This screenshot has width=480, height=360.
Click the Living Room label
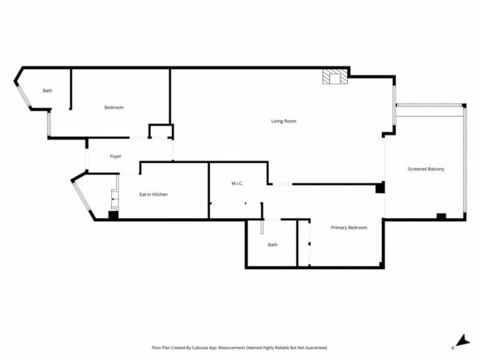[x=284, y=122]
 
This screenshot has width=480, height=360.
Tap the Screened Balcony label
[x=426, y=169]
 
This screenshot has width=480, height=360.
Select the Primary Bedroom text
[x=349, y=228]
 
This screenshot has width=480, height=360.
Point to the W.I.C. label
[x=238, y=184]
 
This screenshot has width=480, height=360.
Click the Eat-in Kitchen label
[x=153, y=195]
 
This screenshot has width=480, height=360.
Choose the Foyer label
[x=115, y=156]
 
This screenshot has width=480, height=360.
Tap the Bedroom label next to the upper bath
[x=114, y=108]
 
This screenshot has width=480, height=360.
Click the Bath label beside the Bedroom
[x=48, y=91]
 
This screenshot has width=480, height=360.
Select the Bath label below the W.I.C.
[x=272, y=245]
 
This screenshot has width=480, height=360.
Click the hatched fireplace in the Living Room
[x=335, y=76]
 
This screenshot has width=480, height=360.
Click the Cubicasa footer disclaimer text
[x=240, y=348]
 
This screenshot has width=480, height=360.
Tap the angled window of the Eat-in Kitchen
[x=82, y=196]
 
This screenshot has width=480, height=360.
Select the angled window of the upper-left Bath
[x=24, y=95]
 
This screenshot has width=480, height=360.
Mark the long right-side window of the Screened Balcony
[x=465, y=160]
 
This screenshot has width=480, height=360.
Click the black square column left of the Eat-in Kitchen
[x=114, y=215]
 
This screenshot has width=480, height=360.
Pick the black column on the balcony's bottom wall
[x=441, y=216]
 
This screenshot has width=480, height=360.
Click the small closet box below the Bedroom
[x=161, y=131]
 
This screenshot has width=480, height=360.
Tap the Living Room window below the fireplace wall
[x=395, y=105]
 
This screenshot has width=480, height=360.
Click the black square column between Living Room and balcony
[x=380, y=187]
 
